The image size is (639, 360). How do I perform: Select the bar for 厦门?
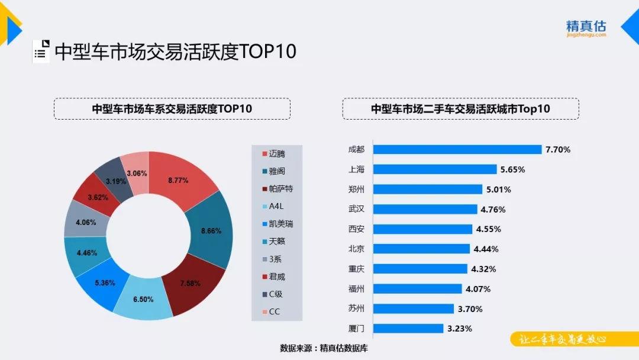pos(409,328)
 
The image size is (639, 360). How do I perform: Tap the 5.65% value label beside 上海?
pos(512,169)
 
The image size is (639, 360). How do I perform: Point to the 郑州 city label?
pos(357,189)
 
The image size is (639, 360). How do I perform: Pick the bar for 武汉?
pos(425,209)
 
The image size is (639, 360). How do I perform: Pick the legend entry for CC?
pos(273,312)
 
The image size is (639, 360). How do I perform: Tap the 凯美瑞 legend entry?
pos(280,224)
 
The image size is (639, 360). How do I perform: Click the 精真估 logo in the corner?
pos(586,28)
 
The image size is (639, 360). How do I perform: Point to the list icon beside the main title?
pos(40,52)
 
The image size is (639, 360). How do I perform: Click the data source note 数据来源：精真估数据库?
pos(324,348)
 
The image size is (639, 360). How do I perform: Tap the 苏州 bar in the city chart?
pos(414,308)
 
